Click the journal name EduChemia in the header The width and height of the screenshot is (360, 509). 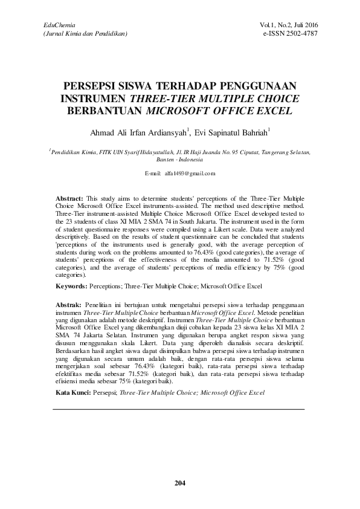point(54,25)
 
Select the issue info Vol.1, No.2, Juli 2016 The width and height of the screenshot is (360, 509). point(289,25)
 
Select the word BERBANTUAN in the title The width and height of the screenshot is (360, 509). point(102,111)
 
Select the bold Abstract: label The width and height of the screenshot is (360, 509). point(69,198)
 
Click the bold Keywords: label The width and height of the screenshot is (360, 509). point(70,285)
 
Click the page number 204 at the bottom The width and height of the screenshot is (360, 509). point(180,482)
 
